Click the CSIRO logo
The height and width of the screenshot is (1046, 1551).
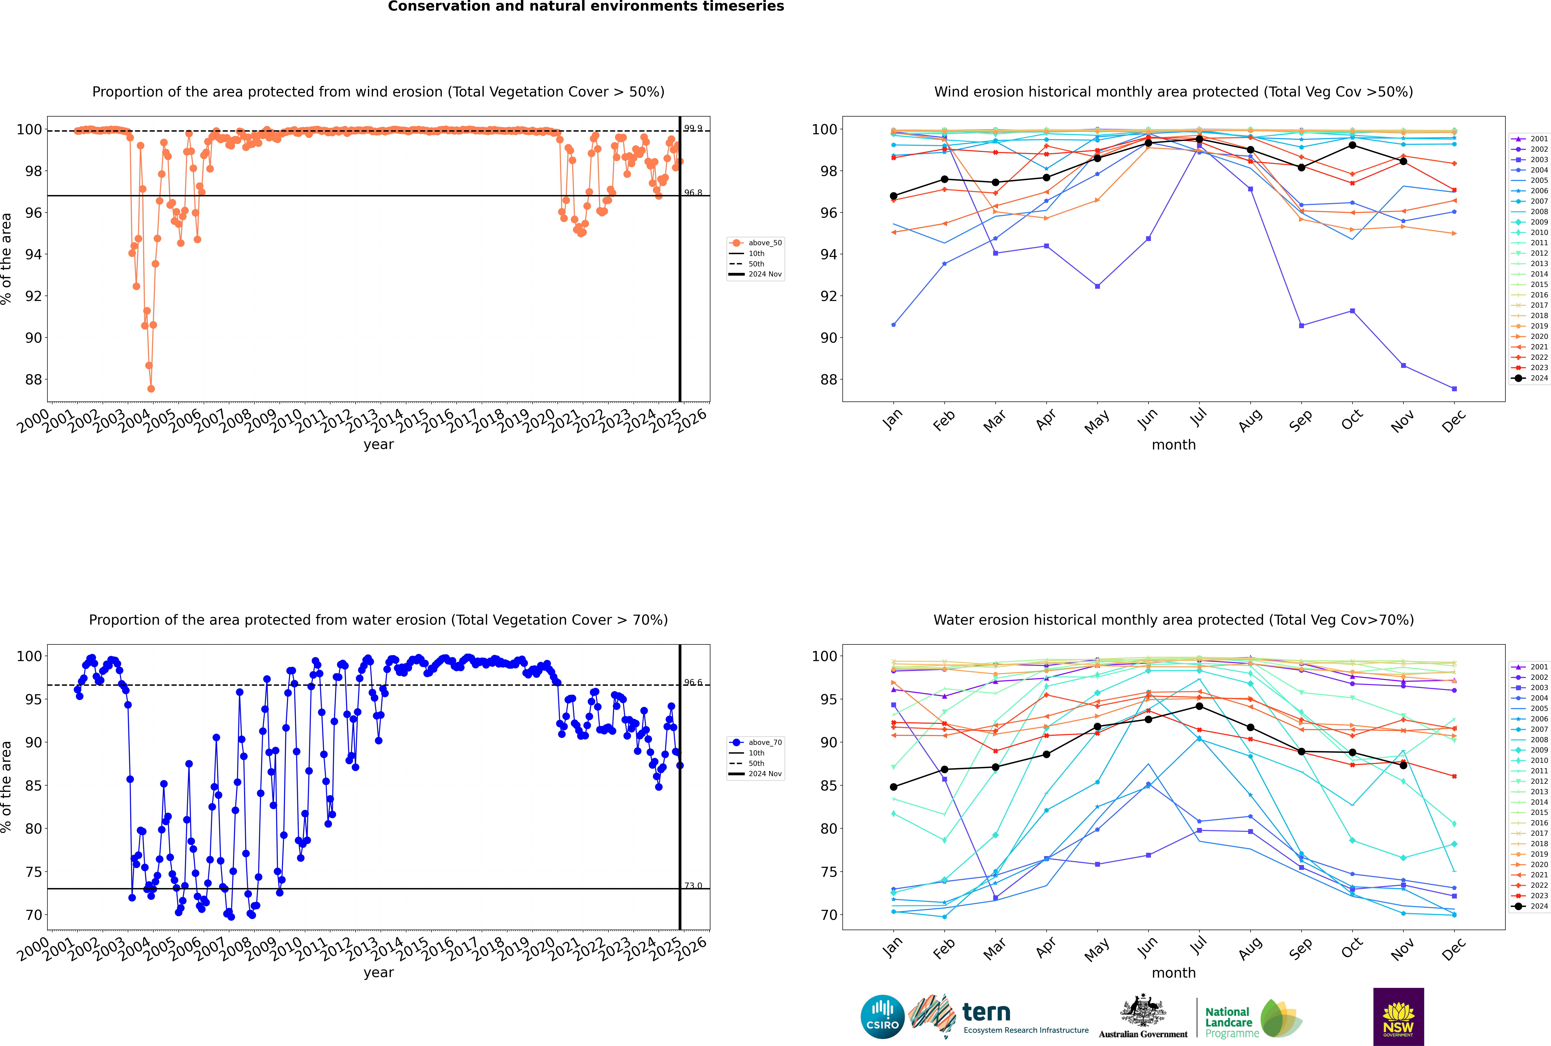pos(882,1017)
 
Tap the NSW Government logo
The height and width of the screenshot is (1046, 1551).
pos(1398,1016)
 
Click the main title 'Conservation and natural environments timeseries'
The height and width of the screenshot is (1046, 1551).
pos(585,7)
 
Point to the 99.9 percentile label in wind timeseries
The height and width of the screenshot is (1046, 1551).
pos(693,128)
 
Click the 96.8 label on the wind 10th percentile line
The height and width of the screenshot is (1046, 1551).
pos(693,193)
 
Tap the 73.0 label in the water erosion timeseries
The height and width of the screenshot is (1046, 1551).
pos(693,886)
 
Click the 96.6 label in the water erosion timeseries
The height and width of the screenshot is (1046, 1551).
pos(693,682)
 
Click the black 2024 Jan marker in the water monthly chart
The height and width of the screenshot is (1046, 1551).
pos(894,787)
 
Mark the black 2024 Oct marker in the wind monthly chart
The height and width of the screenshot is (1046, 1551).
pos(1352,145)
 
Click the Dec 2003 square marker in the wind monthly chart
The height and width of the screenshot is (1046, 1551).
pos(1454,389)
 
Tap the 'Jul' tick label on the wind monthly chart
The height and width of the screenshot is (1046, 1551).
pos(1198,418)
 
